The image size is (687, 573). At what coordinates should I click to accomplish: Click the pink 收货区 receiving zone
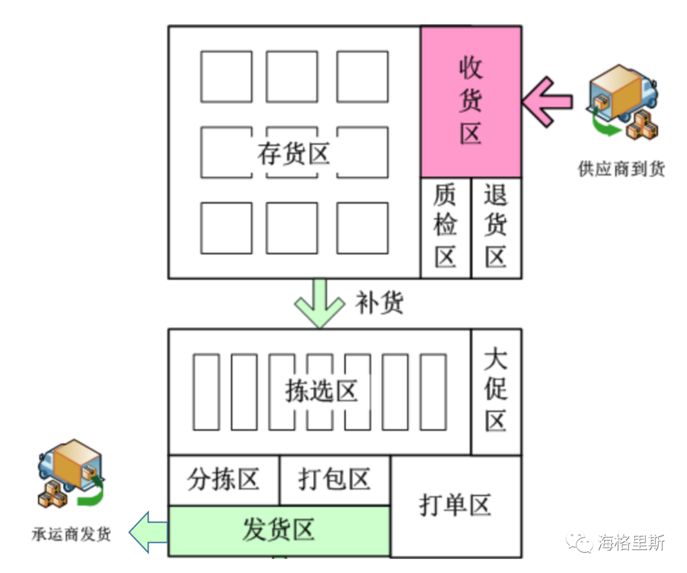(x=471, y=102)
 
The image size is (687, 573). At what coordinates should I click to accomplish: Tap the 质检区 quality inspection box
(x=445, y=228)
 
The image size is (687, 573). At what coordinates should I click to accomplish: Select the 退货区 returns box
(x=496, y=228)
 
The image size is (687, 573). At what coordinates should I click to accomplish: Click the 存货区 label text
(x=293, y=153)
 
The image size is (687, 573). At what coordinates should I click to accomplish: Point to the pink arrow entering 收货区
(x=547, y=102)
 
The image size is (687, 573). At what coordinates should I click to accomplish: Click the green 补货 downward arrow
(x=320, y=303)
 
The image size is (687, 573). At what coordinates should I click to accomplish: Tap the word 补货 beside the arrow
(x=379, y=303)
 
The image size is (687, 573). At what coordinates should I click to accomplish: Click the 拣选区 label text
(x=321, y=390)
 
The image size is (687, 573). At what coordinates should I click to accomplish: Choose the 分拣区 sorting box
(x=224, y=481)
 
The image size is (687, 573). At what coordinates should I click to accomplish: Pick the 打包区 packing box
(x=335, y=481)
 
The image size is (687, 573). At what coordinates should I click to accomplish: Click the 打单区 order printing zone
(x=456, y=506)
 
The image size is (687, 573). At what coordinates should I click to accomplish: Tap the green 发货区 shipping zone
(x=279, y=531)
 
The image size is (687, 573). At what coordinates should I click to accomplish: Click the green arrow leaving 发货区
(x=148, y=532)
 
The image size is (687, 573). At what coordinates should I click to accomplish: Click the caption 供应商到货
(x=621, y=169)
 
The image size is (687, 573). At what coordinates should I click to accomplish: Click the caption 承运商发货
(x=71, y=534)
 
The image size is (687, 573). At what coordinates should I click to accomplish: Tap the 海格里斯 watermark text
(x=632, y=542)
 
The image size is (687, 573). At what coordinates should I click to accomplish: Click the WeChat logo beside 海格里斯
(x=580, y=542)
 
